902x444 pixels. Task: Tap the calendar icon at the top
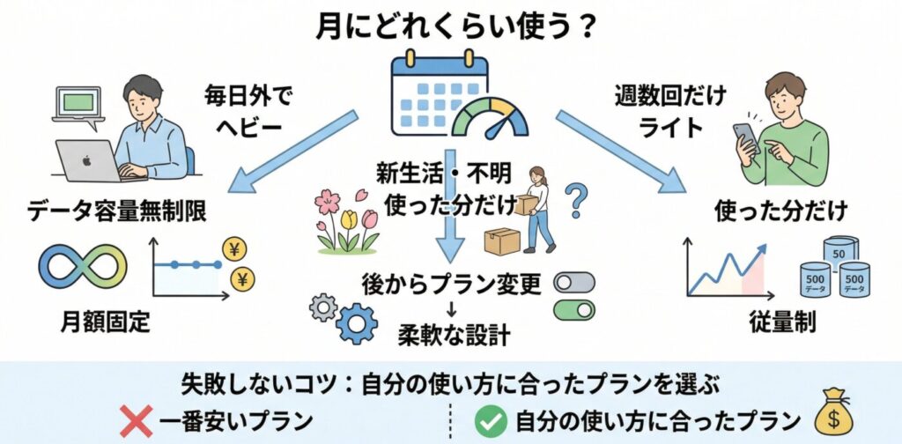pos(436,92)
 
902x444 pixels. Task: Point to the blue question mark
pos(575,201)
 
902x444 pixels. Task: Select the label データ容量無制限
pos(117,213)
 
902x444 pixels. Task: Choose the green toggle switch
pos(573,309)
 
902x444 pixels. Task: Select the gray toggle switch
pos(573,283)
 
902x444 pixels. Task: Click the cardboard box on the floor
pos(502,241)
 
